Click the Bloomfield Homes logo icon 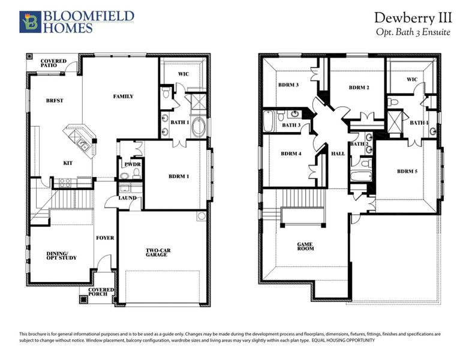pos(29,21)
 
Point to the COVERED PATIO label pos(53,64)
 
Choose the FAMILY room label pos(123,97)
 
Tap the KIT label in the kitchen pos(68,163)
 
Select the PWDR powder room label pos(132,164)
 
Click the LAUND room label pos(127,198)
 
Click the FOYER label pos(105,238)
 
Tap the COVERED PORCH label pos(101,293)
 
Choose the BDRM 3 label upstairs pos(288,85)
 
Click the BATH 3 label pos(291,125)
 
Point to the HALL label pos(338,154)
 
